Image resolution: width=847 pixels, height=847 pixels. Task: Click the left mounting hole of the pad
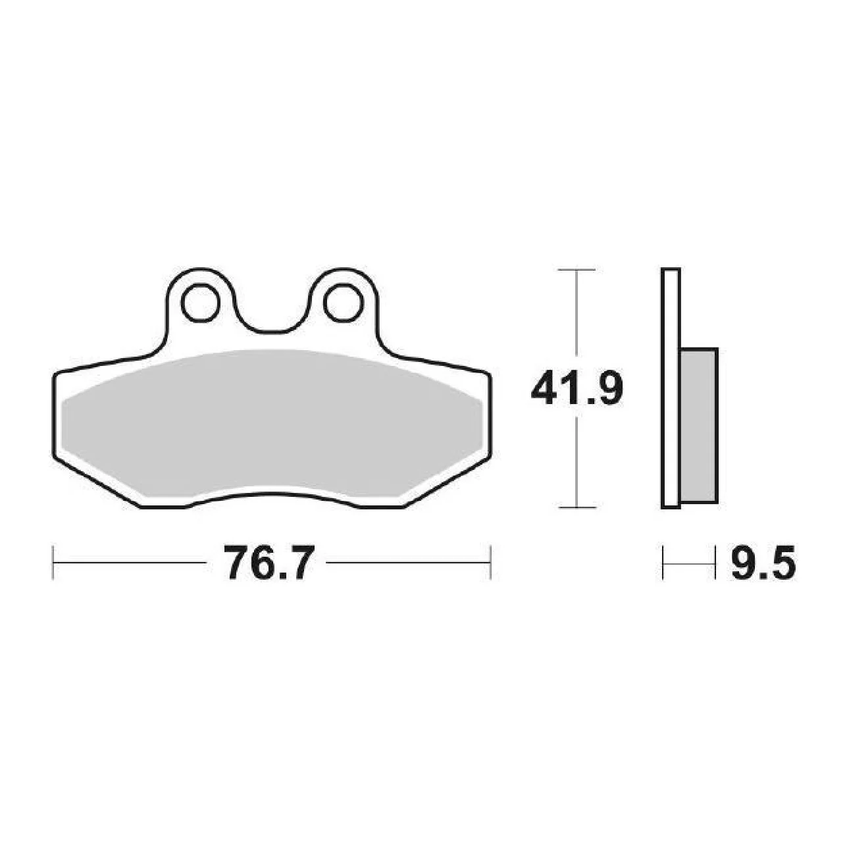click(201, 303)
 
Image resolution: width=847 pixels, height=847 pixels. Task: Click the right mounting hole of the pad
click(343, 303)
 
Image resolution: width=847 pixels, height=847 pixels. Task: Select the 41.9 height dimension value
click(577, 388)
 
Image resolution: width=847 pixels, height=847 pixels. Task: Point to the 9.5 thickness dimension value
click(763, 563)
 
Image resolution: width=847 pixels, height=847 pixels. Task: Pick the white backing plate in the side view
click(671, 388)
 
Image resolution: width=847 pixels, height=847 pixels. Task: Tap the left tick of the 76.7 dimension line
click(53, 563)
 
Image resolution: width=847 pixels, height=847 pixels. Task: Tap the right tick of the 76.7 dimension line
click(490, 563)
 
